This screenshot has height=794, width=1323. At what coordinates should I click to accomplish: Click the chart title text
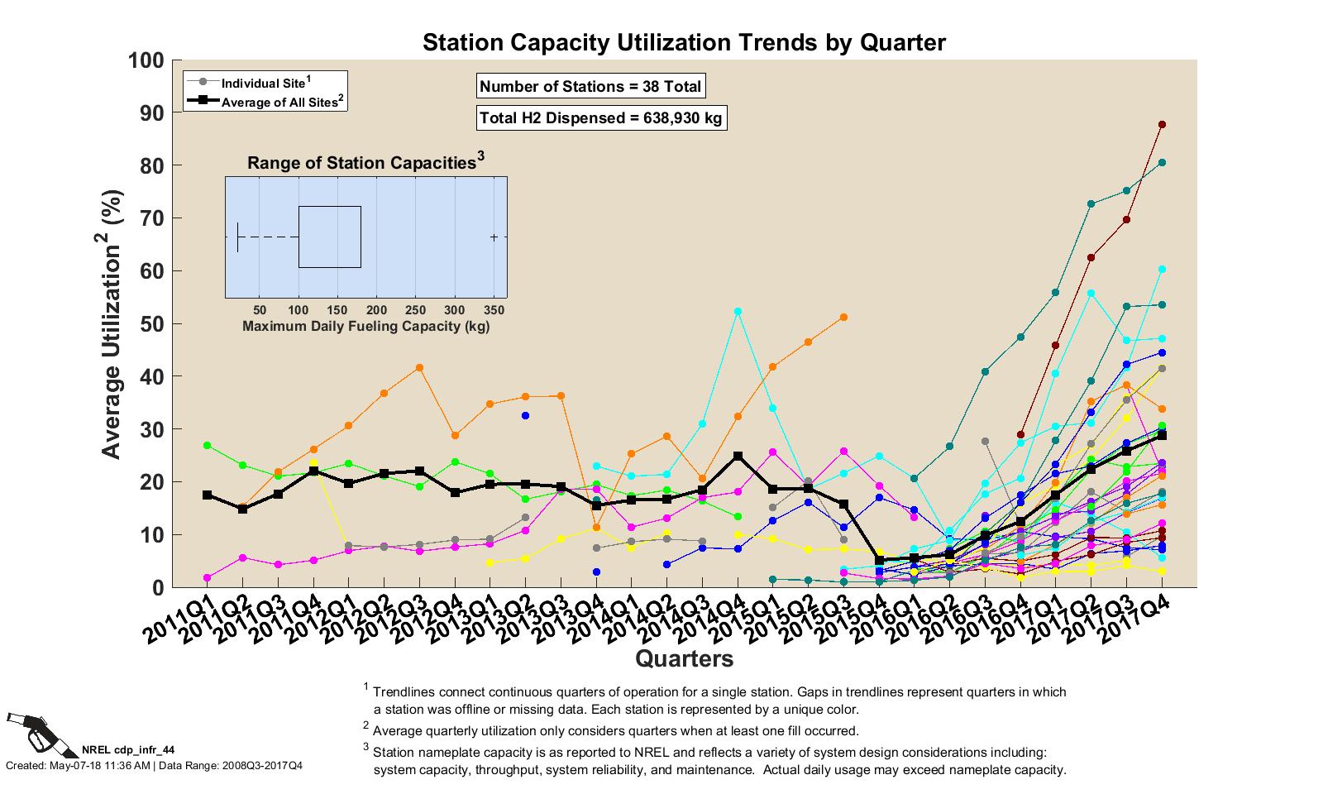pyautogui.click(x=684, y=43)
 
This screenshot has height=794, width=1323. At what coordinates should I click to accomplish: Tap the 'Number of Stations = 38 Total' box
pyautogui.click(x=590, y=86)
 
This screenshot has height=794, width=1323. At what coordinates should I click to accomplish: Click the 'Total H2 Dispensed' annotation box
pyautogui.click(x=601, y=118)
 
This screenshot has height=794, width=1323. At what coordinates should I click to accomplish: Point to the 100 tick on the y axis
pyautogui.click(x=146, y=60)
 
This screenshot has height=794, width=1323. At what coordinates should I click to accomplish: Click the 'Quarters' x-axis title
pyautogui.click(x=684, y=659)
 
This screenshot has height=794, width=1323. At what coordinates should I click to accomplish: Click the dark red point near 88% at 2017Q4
pyautogui.click(x=1162, y=125)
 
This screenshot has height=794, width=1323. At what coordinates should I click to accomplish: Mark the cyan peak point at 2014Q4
pyautogui.click(x=738, y=312)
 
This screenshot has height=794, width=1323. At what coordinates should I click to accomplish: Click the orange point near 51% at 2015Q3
pyautogui.click(x=843, y=318)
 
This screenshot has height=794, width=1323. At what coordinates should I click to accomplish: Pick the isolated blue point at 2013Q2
pyautogui.click(x=525, y=415)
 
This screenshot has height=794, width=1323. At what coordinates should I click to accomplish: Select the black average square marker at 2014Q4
pyautogui.click(x=738, y=456)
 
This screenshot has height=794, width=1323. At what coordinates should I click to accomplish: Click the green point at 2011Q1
pyautogui.click(x=207, y=446)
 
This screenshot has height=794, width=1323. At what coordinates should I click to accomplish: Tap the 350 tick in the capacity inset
pyautogui.click(x=494, y=309)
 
